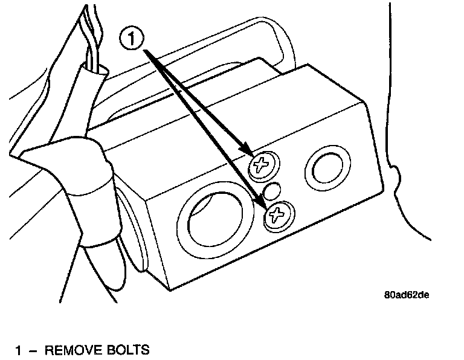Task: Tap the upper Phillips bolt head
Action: pos(263,164)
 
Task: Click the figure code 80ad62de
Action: pos(407,295)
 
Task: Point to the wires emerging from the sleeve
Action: pos(89,36)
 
